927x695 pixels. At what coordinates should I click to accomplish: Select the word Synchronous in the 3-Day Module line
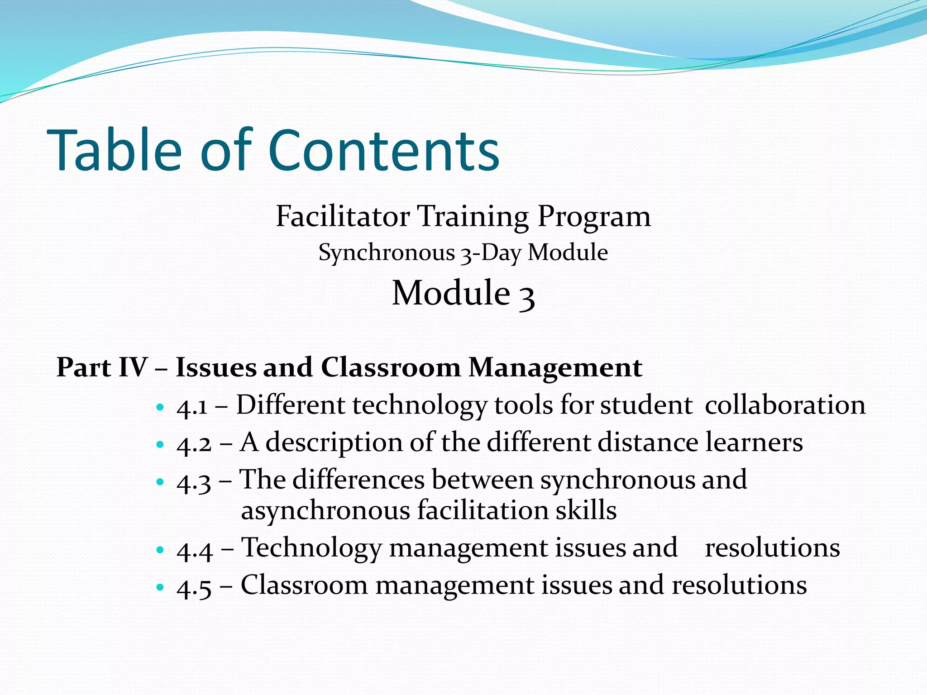(x=387, y=252)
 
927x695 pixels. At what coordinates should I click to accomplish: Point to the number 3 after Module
(x=526, y=295)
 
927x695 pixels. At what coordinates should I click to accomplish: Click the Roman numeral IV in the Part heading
(x=133, y=367)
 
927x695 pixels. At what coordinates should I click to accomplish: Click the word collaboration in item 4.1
(x=785, y=405)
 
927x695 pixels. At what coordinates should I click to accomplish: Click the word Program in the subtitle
(x=594, y=216)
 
